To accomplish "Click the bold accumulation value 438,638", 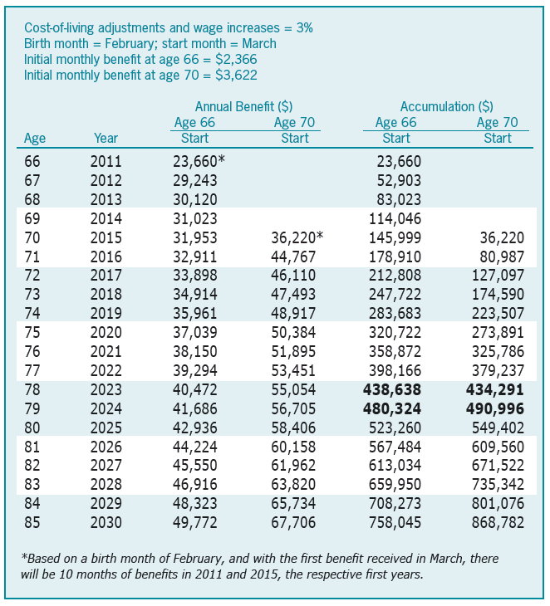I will (393, 390).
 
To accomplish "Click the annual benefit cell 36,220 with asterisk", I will (297, 238).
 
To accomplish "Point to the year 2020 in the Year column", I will (106, 333).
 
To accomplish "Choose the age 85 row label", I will (34, 523).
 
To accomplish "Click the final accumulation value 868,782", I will (494, 523).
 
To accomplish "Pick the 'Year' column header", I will (106, 139).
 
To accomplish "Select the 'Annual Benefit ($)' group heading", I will (244, 106).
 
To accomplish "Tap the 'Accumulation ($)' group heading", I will (446, 106).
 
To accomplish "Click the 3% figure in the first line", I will (302, 27).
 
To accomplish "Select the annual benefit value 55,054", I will (294, 390).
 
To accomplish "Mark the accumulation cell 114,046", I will (395, 219).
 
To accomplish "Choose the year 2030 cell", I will (106, 523).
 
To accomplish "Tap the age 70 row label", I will (34, 238).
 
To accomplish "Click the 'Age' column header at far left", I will (35, 139).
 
